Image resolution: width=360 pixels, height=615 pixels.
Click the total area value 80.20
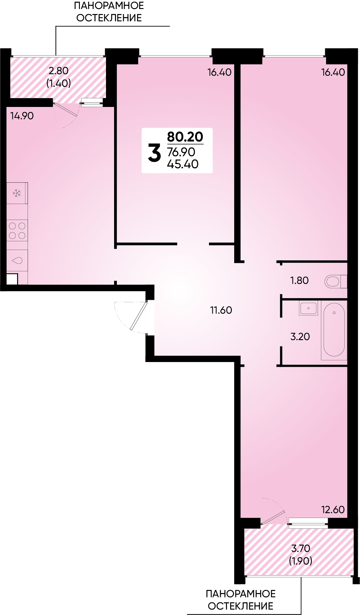tap(185, 137)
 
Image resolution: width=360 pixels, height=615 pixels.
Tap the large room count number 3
tap(154, 153)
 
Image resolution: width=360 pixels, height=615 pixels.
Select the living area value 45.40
tap(183, 164)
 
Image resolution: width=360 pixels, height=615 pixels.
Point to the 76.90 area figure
tap(181, 152)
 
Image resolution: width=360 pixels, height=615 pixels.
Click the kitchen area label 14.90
tap(22, 116)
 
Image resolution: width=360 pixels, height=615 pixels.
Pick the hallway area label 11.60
tap(221, 310)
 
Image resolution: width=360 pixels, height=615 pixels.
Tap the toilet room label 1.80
tap(299, 280)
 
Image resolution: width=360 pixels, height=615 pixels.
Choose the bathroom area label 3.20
tap(300, 336)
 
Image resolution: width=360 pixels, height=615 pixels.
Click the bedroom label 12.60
tap(333, 510)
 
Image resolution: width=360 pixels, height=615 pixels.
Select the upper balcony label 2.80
tap(59, 71)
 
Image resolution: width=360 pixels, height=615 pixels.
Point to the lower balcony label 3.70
tap(301, 548)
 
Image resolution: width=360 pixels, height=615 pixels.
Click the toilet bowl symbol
tap(336, 282)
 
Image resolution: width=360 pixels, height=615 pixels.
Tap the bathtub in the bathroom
tap(334, 330)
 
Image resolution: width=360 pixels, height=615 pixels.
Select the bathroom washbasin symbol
tap(308, 308)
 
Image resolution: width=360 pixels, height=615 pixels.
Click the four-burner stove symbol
tap(17, 230)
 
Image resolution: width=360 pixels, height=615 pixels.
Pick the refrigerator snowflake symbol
tap(17, 193)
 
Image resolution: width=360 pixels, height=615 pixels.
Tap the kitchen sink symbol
tap(17, 260)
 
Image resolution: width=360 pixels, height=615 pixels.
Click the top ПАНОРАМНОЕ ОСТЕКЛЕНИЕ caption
tap(109, 12)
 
